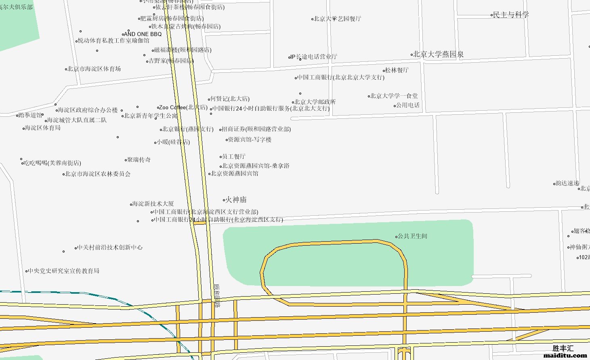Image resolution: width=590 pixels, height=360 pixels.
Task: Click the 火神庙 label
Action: (x=236, y=200)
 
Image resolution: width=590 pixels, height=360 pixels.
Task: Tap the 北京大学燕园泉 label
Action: (x=439, y=54)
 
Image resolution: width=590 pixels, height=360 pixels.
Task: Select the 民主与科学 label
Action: (x=511, y=15)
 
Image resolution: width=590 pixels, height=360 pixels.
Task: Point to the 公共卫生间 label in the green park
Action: (x=412, y=236)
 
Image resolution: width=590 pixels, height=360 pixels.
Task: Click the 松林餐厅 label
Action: (x=397, y=70)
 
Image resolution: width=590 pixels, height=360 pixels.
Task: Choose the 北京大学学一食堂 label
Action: (x=394, y=96)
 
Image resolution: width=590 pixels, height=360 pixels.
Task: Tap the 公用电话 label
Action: (x=408, y=105)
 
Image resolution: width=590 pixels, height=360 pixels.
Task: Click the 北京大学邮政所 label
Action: (x=315, y=102)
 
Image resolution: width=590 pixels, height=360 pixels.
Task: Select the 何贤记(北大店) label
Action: (x=230, y=99)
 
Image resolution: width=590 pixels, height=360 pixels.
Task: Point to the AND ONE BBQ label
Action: (x=143, y=34)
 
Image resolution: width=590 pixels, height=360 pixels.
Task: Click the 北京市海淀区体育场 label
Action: (x=94, y=69)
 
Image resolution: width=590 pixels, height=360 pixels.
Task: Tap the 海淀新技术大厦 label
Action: (x=153, y=204)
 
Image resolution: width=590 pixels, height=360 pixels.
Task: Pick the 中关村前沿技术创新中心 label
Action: (x=110, y=247)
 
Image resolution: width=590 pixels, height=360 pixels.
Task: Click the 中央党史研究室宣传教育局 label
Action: (x=64, y=271)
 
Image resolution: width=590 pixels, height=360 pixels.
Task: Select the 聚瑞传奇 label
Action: (x=139, y=160)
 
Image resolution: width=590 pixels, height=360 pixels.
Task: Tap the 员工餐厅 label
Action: (x=234, y=156)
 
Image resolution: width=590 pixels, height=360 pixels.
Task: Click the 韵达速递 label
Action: (x=567, y=183)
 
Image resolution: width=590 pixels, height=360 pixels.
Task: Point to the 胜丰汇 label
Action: (x=563, y=348)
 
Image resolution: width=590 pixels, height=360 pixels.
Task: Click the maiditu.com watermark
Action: (x=565, y=356)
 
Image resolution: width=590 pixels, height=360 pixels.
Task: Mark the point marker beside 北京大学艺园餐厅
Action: (x=313, y=19)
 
